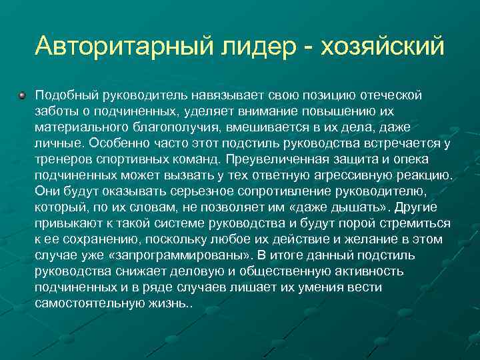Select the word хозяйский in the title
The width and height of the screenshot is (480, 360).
383,47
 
